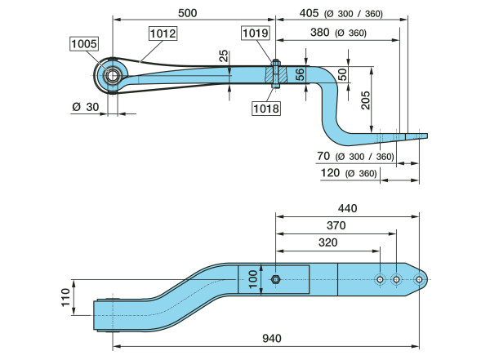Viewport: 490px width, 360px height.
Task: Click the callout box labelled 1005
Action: coord(83,44)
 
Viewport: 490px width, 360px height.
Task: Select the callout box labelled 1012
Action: coord(162,33)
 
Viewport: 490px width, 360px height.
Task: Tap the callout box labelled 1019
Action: coord(254,33)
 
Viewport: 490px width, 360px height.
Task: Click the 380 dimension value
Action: coord(320,33)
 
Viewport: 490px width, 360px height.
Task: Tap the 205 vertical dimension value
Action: coord(365,100)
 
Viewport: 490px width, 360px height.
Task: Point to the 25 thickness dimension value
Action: coord(224,57)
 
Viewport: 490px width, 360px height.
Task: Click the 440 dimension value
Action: coord(347,209)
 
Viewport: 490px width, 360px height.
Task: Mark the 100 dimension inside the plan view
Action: coord(253,280)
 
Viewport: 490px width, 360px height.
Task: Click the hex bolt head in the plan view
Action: coord(275,280)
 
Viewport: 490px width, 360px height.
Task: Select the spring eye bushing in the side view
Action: coord(109,77)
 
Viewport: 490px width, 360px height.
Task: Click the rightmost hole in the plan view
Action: coord(419,280)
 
